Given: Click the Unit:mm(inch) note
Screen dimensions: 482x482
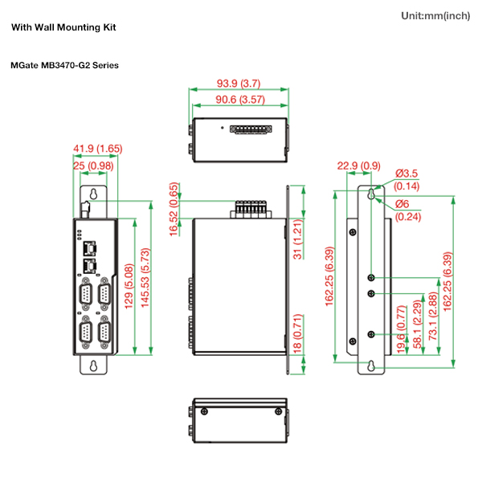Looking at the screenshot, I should (x=435, y=16).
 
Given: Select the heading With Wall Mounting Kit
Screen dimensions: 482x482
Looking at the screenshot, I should (x=63, y=27).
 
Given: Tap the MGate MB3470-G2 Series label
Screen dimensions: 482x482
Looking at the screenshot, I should (x=65, y=65).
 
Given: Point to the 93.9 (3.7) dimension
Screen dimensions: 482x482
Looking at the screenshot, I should (x=239, y=84).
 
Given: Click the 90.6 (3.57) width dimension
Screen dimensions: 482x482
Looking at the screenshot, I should (x=239, y=100).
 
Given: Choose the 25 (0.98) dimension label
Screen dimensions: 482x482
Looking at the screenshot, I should (x=93, y=165).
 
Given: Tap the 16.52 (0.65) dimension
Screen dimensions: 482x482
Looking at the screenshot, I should (x=174, y=209).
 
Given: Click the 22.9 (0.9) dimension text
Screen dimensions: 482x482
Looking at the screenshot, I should (x=358, y=166).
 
